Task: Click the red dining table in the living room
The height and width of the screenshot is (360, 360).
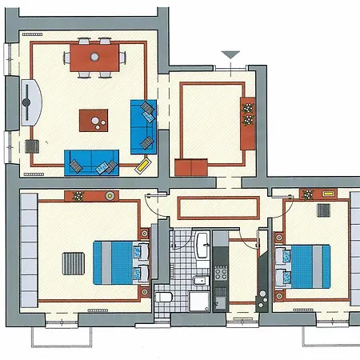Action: (x=95, y=57)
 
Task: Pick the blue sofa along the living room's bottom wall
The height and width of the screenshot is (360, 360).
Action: (x=90, y=162)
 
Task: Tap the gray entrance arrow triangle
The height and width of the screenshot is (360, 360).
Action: (x=231, y=55)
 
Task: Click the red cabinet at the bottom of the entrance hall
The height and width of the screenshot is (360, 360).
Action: (x=191, y=166)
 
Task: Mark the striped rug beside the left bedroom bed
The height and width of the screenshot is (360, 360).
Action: (x=73, y=263)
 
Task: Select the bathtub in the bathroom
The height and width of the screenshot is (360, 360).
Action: (x=202, y=243)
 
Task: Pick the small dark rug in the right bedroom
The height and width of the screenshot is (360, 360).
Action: (x=324, y=210)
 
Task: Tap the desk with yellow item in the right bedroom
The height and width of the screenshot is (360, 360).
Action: (x=318, y=194)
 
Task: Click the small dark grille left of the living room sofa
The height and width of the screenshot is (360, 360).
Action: (x=34, y=146)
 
